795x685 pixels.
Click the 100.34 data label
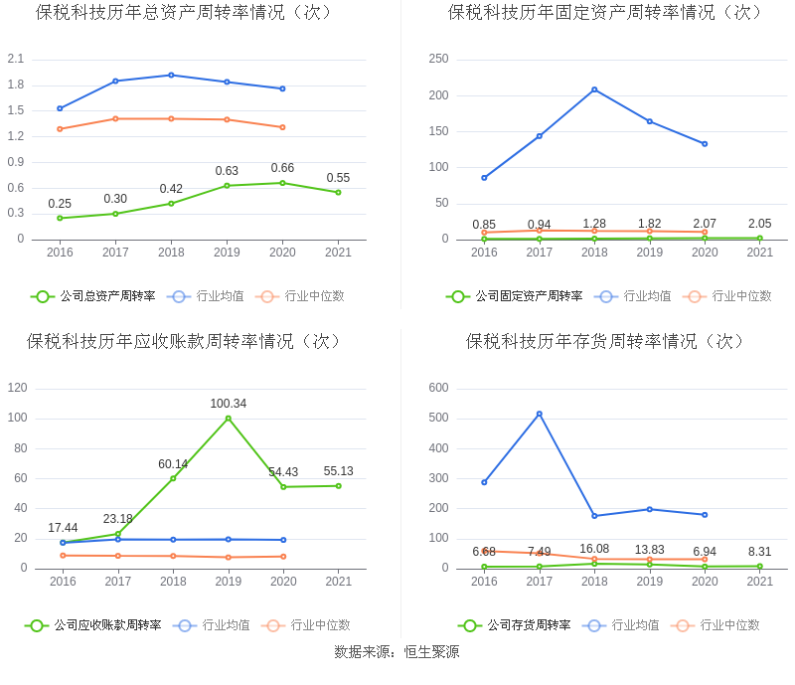228,404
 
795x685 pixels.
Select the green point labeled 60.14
173,478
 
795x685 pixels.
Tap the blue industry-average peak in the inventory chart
540,414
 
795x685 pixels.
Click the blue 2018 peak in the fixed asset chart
594,89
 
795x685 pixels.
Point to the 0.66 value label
282,168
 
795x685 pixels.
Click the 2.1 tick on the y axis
15,59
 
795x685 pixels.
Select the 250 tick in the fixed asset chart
438,59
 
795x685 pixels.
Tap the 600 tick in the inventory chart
438,388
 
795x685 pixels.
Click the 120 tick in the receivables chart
17,388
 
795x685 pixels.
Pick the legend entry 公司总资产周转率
93,296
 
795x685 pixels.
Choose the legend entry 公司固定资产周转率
515,296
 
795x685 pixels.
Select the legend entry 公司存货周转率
515,625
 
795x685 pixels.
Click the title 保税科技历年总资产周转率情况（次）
184,13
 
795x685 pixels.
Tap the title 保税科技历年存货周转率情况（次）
605,342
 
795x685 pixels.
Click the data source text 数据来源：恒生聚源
397,652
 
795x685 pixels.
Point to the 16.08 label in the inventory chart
594,549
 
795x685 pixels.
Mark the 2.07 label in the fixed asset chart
705,224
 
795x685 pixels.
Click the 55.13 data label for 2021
339,471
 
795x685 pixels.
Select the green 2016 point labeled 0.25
60,218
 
